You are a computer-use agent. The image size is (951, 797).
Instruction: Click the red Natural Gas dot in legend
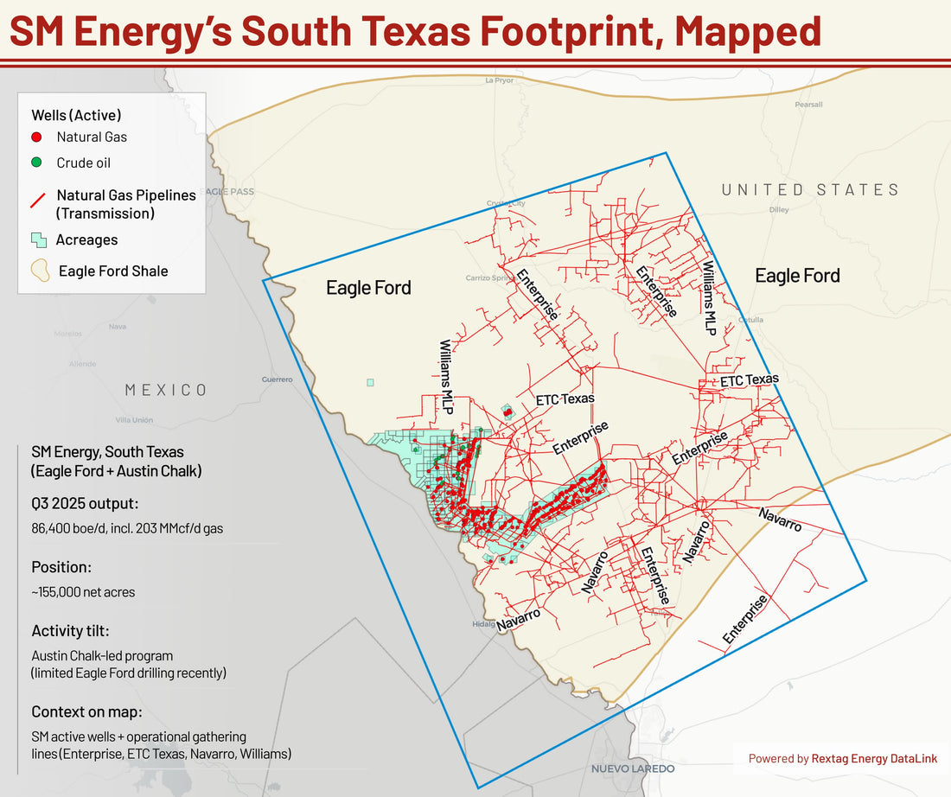pyautogui.click(x=36, y=137)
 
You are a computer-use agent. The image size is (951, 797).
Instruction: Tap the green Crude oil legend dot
pyautogui.click(x=36, y=163)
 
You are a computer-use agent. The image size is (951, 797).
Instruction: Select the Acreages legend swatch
pyautogui.click(x=38, y=240)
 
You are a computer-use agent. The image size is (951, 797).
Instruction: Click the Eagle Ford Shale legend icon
pyautogui.click(x=40, y=271)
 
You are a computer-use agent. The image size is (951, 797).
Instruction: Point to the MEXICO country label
pyautogui.click(x=166, y=390)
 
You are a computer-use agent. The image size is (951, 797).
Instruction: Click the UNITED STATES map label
pyautogui.click(x=810, y=189)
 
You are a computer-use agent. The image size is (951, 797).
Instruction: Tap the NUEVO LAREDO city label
pyautogui.click(x=633, y=768)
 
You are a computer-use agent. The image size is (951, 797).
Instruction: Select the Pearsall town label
pyautogui.click(x=808, y=104)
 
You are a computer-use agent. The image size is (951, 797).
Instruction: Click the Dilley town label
pyautogui.click(x=778, y=209)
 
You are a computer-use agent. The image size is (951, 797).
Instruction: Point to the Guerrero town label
pyautogui.click(x=277, y=379)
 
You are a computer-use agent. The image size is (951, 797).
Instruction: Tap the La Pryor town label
pyautogui.click(x=500, y=80)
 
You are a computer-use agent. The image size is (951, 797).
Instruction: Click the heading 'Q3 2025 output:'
pyautogui.click(x=85, y=505)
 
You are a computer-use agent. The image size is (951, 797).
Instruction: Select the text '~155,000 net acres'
pyautogui.click(x=83, y=592)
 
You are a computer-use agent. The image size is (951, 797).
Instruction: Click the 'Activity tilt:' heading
pyautogui.click(x=70, y=630)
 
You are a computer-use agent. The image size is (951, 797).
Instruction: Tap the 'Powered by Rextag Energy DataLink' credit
pyautogui.click(x=843, y=759)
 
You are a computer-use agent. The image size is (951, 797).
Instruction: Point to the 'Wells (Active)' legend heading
pyautogui.click(x=76, y=114)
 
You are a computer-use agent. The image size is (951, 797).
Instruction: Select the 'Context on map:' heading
pyautogui.click(x=86, y=711)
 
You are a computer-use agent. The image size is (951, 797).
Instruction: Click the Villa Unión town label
pyautogui.click(x=134, y=420)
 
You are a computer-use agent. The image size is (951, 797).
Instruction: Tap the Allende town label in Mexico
pyautogui.click(x=83, y=364)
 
